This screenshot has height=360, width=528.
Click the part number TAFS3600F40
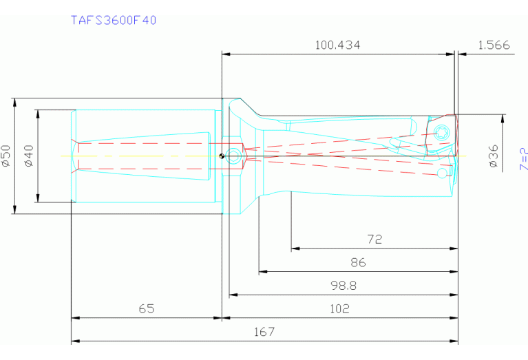[114, 20]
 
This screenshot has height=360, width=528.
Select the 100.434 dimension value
[337, 45]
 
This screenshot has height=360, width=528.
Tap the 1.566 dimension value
[493, 45]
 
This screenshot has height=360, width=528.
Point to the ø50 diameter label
[6, 156]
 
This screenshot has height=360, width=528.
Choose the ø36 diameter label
[493, 156]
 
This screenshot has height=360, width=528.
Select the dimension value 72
[374, 240]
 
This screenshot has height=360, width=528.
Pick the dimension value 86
[358, 262]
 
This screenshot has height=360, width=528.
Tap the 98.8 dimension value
[344, 285]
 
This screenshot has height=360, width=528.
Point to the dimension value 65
[146, 308]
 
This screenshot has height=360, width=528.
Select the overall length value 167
[264, 332]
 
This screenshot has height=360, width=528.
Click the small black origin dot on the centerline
[221, 155]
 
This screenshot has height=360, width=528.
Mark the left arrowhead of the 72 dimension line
[295, 248]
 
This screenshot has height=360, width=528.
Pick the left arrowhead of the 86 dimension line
[262, 272]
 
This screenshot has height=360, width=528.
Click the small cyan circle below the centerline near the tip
[441, 172]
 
